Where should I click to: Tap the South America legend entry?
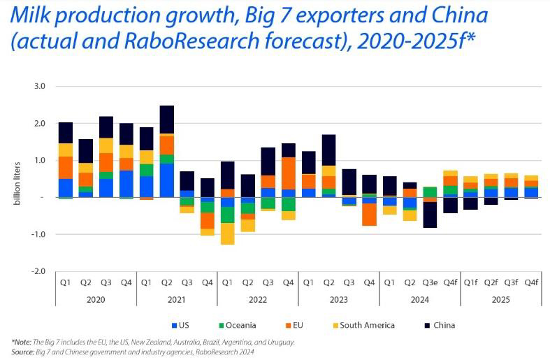pyautogui.click(x=366, y=325)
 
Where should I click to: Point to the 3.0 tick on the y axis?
pyautogui.click(x=40, y=87)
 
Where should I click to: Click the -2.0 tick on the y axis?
pyautogui.click(x=38, y=271)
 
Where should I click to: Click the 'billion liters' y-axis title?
pyautogui.click(x=15, y=179)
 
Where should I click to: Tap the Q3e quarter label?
pyautogui.click(x=430, y=282)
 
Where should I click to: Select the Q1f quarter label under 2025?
pyautogui.click(x=470, y=282)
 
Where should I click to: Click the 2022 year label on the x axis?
pyautogui.click(x=258, y=299)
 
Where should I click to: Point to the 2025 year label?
pyautogui.click(x=501, y=299)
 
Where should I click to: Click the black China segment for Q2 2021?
pyautogui.click(x=167, y=119)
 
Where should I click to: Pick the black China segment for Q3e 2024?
pyautogui.click(x=430, y=215)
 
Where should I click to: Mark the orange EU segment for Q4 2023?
pyautogui.click(x=369, y=214)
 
